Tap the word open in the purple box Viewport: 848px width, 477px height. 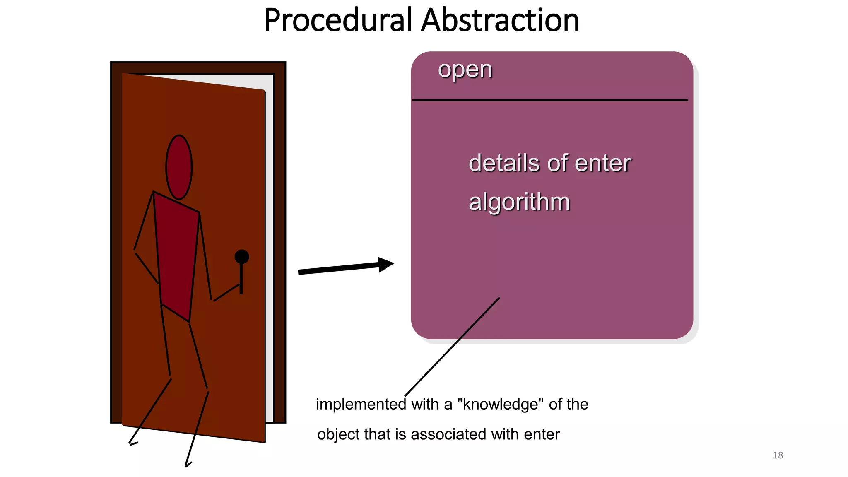465,70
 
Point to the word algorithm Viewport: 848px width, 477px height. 519,202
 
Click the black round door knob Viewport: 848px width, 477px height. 242,257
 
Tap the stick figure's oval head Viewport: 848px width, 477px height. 179,167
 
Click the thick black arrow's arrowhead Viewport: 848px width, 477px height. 385,264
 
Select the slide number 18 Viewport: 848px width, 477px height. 778,455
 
